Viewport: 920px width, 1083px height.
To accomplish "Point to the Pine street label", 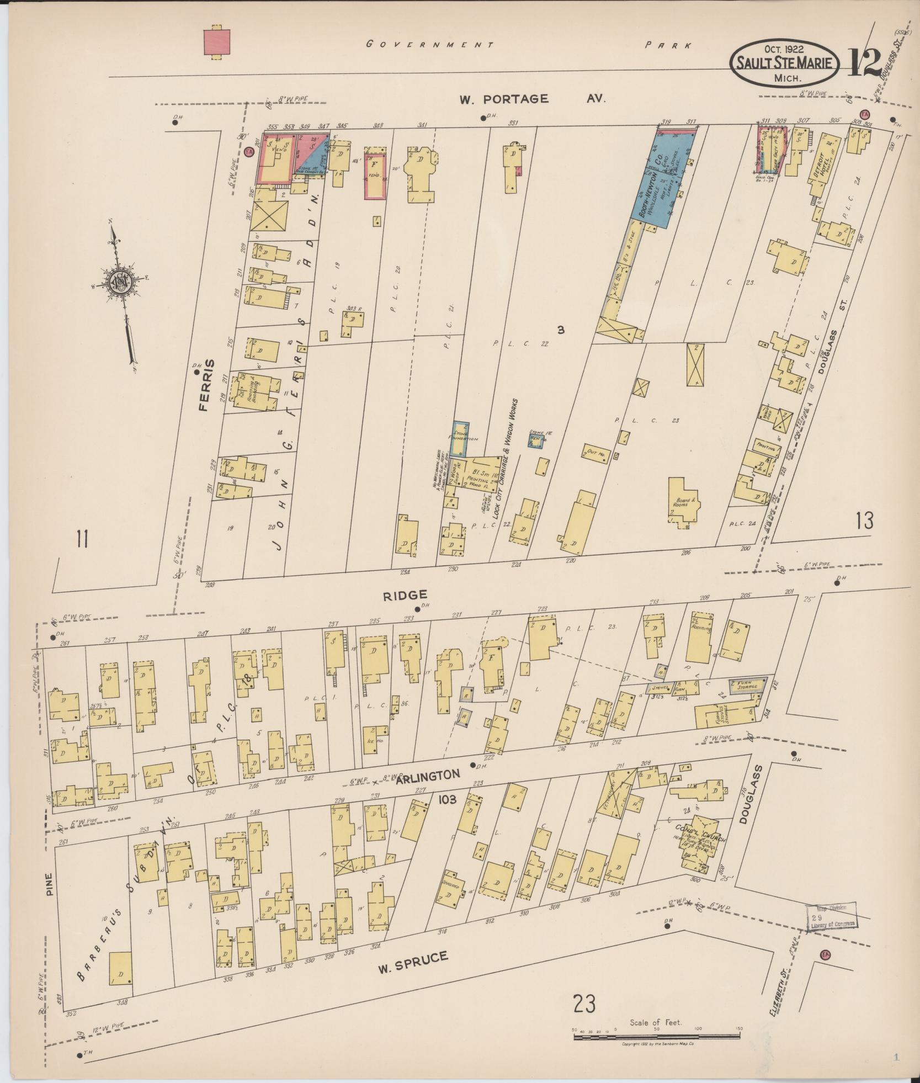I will [50, 884].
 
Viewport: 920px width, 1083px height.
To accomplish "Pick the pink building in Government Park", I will [216, 42].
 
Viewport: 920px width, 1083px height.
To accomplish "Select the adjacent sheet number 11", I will [82, 539].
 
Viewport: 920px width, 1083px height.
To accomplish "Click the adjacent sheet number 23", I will [584, 1003].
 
